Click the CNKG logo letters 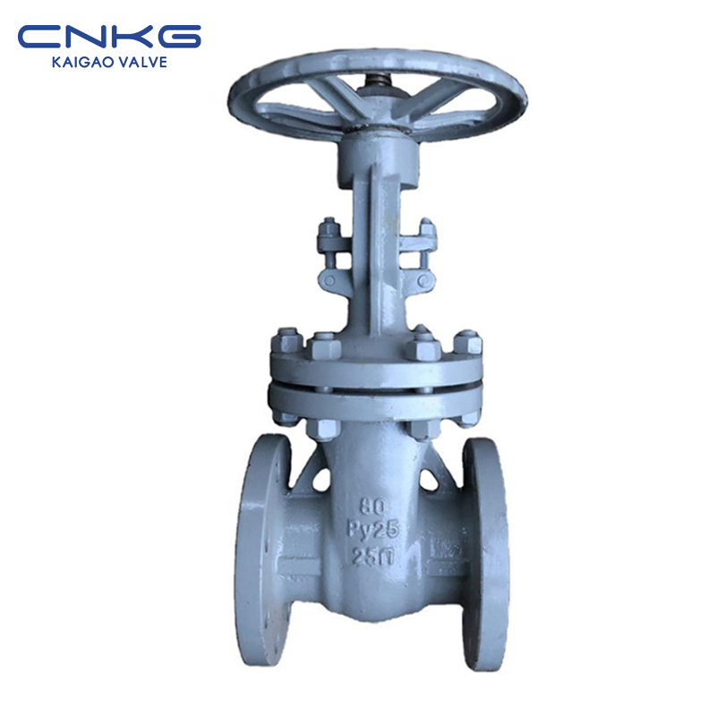click(109, 37)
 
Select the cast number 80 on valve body click(372, 506)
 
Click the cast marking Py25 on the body click(374, 530)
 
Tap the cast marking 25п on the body click(373, 557)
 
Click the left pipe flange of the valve click(263, 551)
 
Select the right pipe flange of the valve click(485, 553)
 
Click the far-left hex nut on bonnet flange click(286, 340)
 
